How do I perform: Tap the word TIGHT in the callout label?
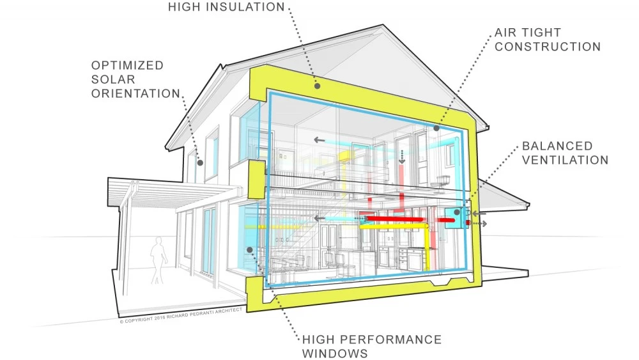pos(541,33)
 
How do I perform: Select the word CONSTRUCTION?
pos(548,47)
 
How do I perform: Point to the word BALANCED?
pos(557,146)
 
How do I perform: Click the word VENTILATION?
pos(565,160)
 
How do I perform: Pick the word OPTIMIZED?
pos(127,65)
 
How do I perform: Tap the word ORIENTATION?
pos(135,93)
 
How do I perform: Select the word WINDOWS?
pos(335,354)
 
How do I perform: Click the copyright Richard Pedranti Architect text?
pos(181,316)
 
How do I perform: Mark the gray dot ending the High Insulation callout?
pos(317,86)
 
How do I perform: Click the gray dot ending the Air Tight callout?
pos(436,128)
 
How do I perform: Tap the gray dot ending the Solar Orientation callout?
pos(200,162)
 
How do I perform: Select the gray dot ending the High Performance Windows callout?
pos(249,249)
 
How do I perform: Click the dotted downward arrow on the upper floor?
pos(402,157)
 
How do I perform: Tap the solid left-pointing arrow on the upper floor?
pos(319,140)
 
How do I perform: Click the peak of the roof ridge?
pos(382,25)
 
